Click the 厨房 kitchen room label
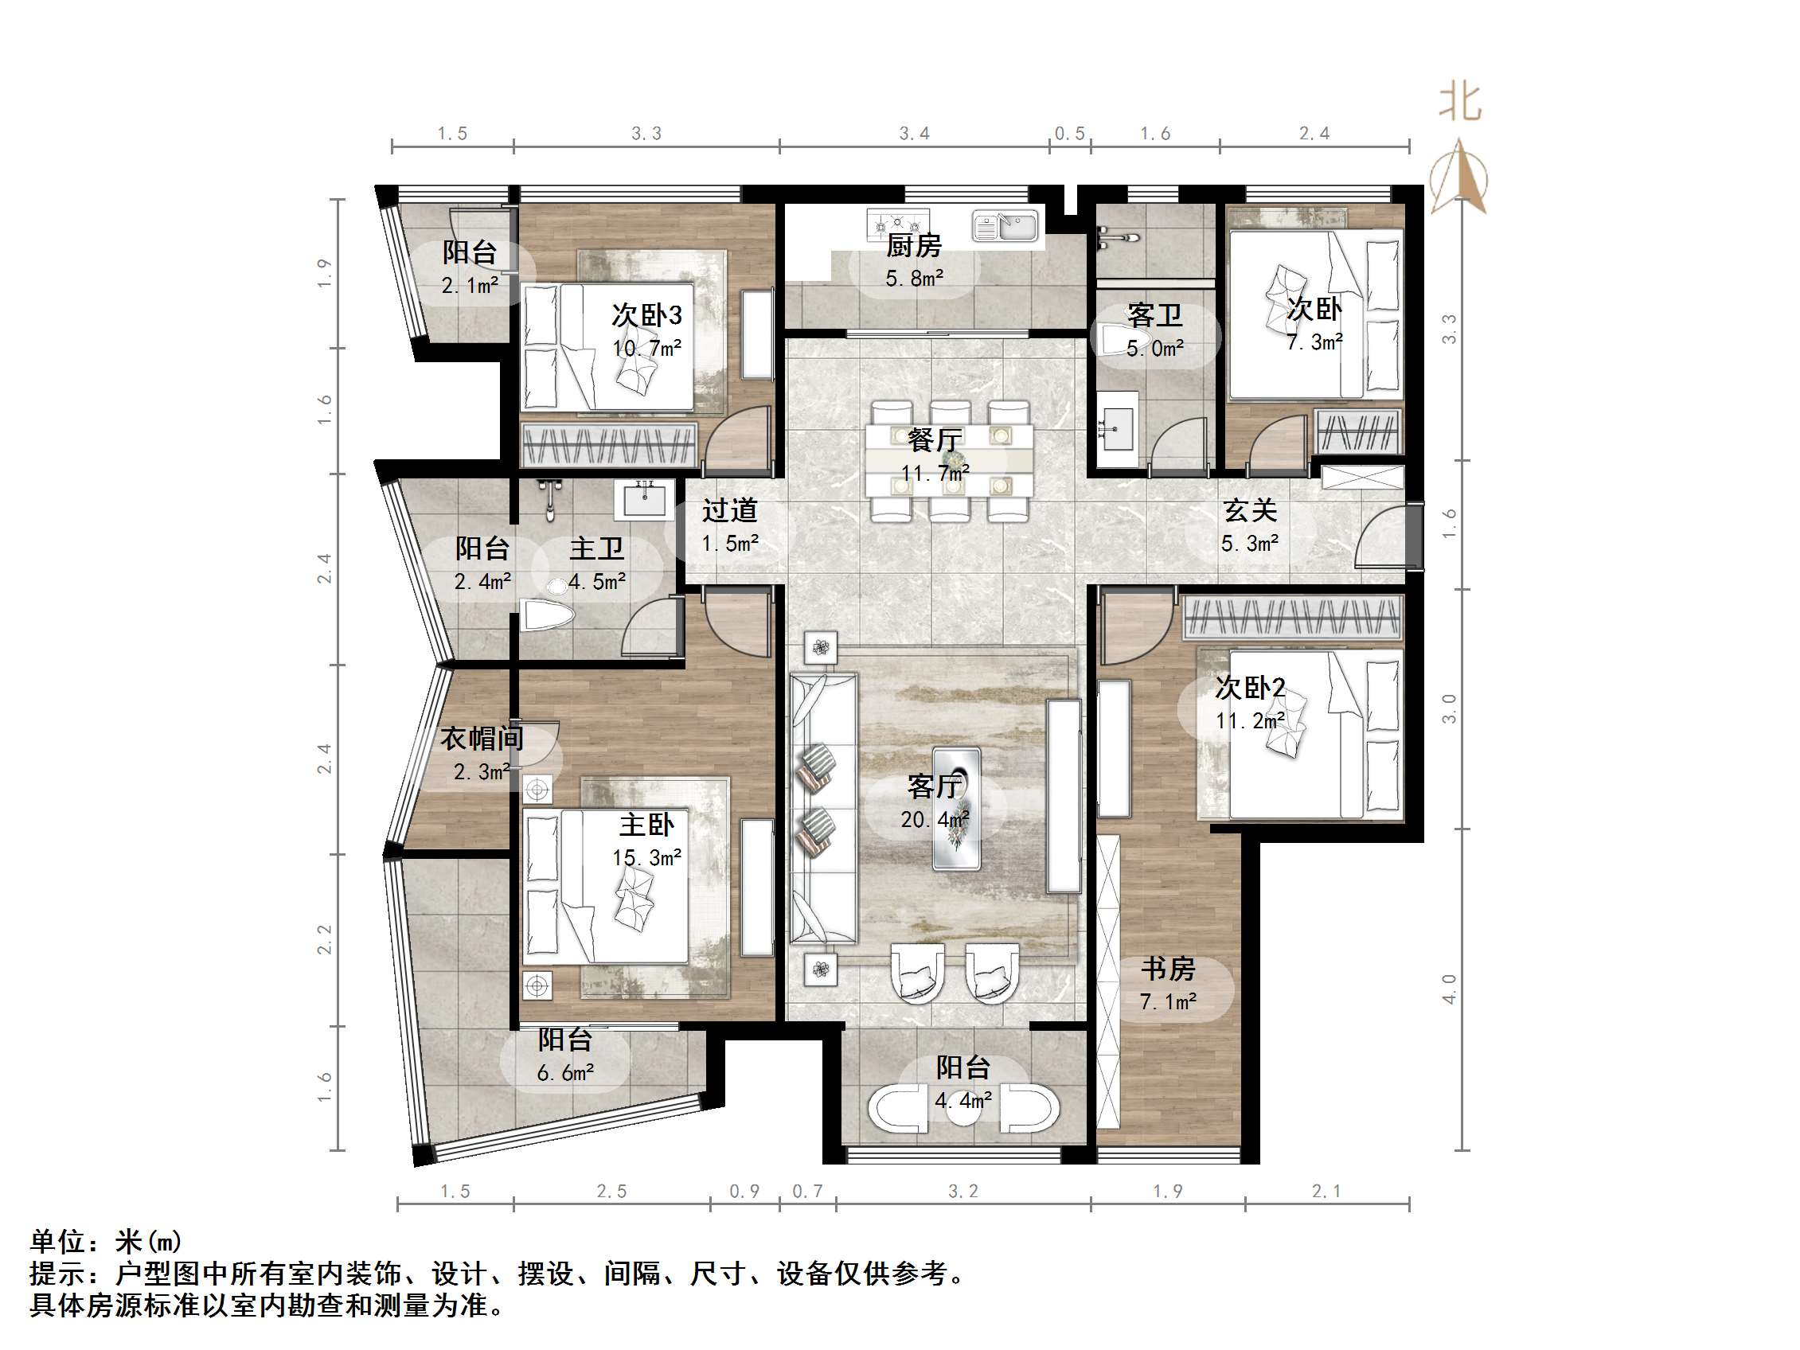[913, 245]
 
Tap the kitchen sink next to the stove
[1005, 225]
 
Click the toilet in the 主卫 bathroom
[546, 615]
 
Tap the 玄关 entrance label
[1250, 510]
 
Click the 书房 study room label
[1168, 969]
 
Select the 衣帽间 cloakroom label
[482, 738]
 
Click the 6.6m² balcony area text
[564, 1072]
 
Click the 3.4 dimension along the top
[914, 134]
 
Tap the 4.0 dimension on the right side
[1448, 989]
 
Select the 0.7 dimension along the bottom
[807, 1192]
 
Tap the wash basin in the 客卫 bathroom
[1116, 425]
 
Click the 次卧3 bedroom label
[647, 315]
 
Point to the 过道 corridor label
[730, 510]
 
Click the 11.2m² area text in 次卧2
[1250, 721]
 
